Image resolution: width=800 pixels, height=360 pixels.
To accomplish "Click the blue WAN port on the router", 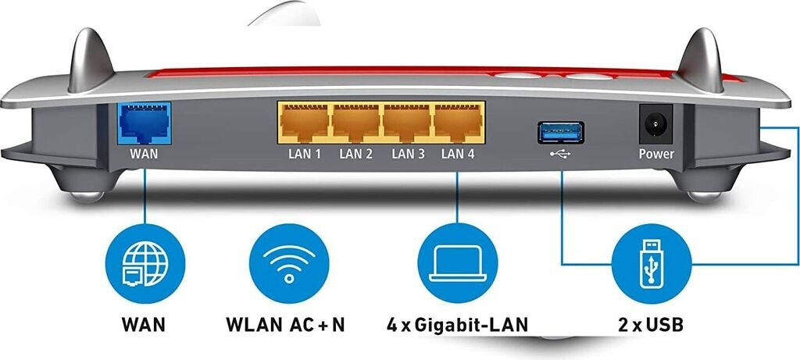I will [x=143, y=123].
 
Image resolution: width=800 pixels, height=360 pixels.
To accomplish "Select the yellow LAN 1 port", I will [x=304, y=123].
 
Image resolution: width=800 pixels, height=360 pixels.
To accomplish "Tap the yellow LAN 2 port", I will [x=355, y=123].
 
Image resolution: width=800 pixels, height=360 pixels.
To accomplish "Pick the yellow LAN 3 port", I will [x=407, y=123].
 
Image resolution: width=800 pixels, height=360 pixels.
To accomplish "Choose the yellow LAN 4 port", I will [x=459, y=123].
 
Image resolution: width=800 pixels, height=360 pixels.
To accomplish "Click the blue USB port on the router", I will [x=560, y=132].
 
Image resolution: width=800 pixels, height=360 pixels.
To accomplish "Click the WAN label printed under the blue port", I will [x=144, y=154].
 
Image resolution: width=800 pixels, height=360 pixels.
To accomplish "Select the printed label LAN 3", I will [x=408, y=154].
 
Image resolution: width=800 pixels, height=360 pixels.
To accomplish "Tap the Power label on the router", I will [x=656, y=154].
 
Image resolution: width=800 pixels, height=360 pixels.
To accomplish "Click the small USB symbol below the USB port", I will [x=560, y=155].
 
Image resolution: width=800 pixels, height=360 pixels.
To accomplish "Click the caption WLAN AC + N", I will [x=285, y=323].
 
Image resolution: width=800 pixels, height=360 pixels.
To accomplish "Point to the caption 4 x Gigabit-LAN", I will [x=458, y=323].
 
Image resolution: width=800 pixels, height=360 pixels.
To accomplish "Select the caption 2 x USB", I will [x=650, y=323].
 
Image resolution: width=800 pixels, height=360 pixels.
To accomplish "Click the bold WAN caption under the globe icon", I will [x=144, y=323].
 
